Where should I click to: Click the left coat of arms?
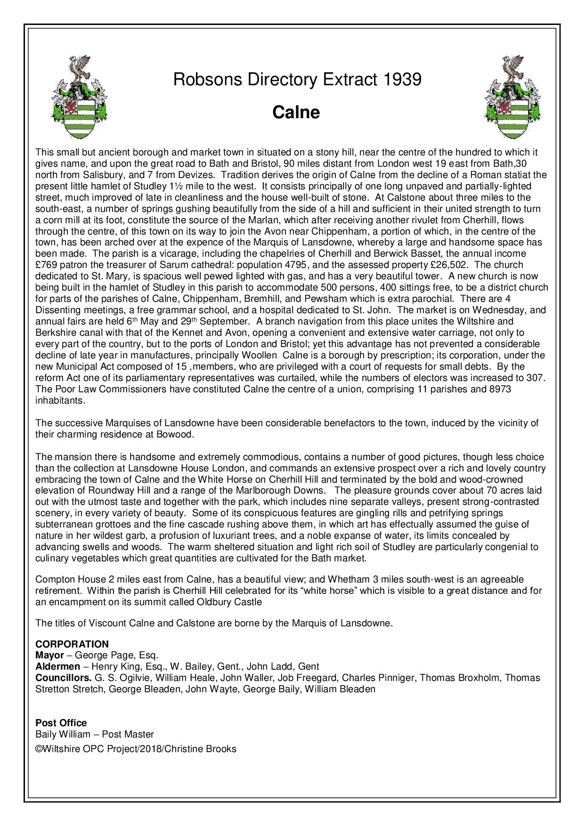point(79,97)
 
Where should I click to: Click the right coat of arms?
point(512,97)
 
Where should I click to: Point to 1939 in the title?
point(402,79)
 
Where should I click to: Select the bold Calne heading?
point(296,113)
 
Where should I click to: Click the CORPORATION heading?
point(72,644)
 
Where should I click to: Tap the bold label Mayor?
point(49,655)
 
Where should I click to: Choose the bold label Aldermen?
point(58,666)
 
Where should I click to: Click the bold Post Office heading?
point(61,722)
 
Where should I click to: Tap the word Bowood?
point(175,434)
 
